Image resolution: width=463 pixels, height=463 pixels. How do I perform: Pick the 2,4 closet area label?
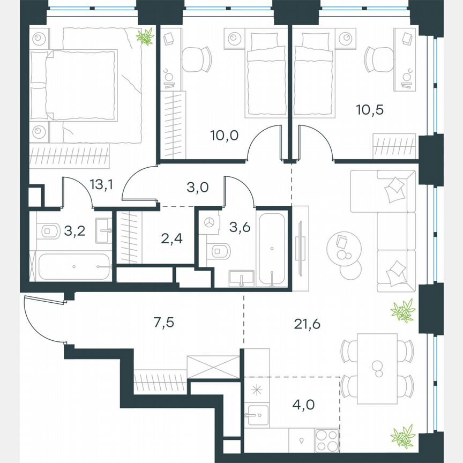(x=171, y=238)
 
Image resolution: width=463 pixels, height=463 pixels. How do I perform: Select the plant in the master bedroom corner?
(x=145, y=36)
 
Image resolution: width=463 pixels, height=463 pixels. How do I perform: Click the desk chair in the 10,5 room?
(x=377, y=59)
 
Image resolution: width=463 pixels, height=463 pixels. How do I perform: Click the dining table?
(x=377, y=368)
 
